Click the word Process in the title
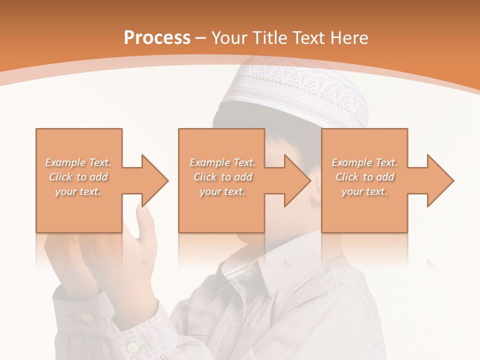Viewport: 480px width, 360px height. pos(157,37)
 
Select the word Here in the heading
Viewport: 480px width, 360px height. pos(350,37)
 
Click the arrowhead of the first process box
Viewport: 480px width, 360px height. pos(155,180)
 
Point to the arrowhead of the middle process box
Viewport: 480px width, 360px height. pos(298,180)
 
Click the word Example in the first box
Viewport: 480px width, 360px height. pos(65,162)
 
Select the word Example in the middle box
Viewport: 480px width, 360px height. pos(209,162)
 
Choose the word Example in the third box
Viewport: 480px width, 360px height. pos(352,162)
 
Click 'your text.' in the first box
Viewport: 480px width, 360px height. pos(78,191)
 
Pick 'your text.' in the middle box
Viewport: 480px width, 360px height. pos(222,191)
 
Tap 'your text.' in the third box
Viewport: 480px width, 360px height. pos(364,191)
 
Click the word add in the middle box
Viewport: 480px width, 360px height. pos(243,177)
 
